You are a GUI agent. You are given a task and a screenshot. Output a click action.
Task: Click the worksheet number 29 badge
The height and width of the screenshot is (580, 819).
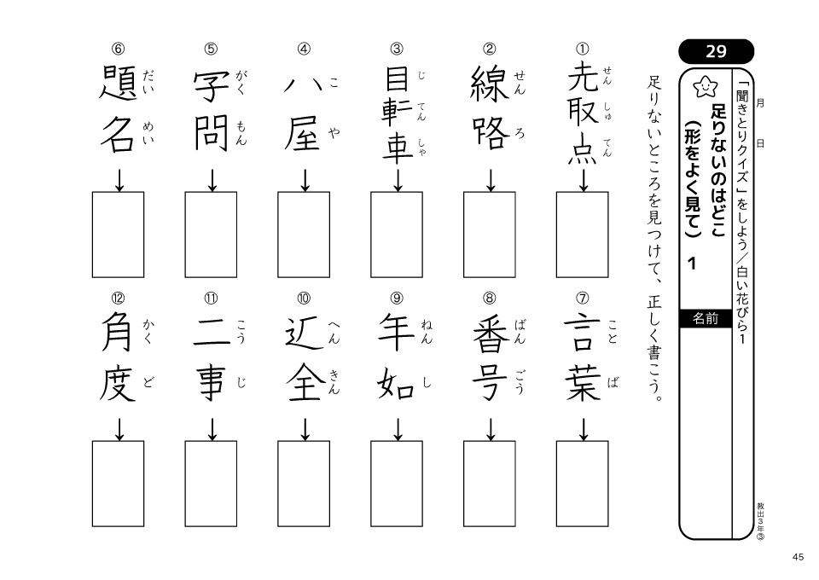(x=716, y=51)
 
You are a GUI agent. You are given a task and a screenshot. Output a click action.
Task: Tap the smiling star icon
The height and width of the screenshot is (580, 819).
(x=706, y=86)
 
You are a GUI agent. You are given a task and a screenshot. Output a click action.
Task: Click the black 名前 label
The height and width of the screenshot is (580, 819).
(x=706, y=318)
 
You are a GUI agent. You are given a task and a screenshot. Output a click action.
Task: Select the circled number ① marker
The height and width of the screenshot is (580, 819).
(x=582, y=49)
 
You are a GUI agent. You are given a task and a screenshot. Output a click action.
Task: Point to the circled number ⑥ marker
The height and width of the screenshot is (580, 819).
(x=118, y=49)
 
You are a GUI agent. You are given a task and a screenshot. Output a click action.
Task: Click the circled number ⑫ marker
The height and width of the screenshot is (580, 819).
(x=118, y=298)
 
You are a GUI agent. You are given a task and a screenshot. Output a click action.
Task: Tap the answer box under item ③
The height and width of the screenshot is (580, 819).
(x=397, y=235)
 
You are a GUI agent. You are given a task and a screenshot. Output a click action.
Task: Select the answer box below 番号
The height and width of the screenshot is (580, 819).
(x=490, y=484)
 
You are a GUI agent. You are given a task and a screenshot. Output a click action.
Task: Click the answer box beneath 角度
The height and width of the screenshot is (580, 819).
(x=118, y=484)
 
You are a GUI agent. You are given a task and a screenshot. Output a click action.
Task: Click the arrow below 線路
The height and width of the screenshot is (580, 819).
(x=490, y=180)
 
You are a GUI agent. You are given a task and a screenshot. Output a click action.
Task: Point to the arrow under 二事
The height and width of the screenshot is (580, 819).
(x=212, y=429)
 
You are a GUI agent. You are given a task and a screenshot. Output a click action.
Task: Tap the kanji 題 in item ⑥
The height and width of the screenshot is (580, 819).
(x=118, y=83)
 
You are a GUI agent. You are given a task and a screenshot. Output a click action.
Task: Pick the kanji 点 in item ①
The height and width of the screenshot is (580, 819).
(x=582, y=149)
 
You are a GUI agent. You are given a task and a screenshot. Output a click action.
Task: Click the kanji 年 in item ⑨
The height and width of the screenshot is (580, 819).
(x=397, y=332)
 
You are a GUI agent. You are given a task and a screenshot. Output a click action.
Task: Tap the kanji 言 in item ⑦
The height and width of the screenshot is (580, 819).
(x=582, y=332)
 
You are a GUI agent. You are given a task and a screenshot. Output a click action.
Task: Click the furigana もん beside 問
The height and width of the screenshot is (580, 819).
(x=241, y=132)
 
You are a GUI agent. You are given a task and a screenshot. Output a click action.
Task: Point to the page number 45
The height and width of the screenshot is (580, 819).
(x=798, y=557)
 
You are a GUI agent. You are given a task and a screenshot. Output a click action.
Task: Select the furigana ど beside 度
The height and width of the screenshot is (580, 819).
(x=148, y=382)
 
